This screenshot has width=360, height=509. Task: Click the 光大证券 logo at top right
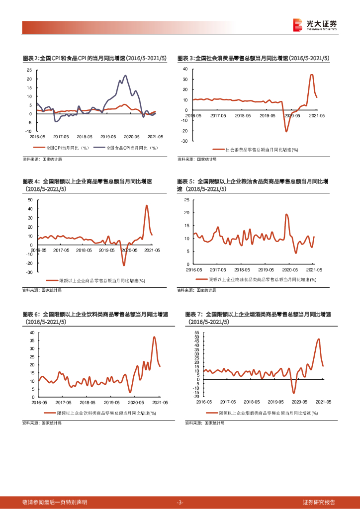coord(315,25)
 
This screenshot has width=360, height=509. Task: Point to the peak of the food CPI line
coord(125,76)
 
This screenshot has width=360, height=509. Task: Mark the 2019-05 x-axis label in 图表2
coord(108,136)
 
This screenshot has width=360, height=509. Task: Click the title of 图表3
coord(254,58)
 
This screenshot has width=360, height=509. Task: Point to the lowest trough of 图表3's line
coord(286,131)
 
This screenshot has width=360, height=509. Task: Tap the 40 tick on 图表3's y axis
coord(184,69)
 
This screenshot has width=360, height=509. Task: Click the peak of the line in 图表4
coord(147,205)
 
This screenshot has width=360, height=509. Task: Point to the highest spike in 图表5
coord(286,214)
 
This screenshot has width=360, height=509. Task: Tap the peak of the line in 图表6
coord(154,337)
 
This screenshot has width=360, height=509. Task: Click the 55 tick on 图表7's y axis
coord(197,332)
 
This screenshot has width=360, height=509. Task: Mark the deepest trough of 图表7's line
coord(294,393)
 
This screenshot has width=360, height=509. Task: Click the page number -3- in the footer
coord(180,502)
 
